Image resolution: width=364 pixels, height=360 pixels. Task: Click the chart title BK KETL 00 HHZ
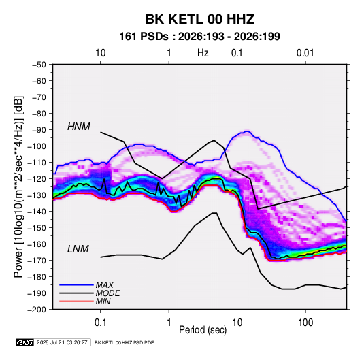pos(200,19)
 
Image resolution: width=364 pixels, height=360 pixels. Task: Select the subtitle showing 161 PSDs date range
pos(199,37)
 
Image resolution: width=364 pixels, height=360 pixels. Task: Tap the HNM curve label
pos(79,127)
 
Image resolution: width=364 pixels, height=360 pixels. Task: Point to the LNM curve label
pos(78,249)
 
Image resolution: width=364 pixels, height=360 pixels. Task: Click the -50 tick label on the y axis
pos(39,65)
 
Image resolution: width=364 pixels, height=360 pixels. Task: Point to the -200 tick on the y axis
pos(37,310)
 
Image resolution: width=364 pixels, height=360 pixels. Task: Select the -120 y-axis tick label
pos(37,179)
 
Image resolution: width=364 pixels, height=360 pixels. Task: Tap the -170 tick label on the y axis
pos(37,261)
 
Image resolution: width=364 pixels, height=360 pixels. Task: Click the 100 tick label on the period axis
pos(305,323)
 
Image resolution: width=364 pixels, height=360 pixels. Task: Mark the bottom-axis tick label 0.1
pos(100,323)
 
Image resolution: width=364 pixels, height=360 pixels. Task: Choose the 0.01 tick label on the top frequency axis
pos(305,53)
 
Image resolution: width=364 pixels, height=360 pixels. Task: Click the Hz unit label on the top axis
pos(203,53)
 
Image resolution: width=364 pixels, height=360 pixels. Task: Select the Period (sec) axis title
pos(203,330)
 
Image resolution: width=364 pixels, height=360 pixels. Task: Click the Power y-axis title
pos(18,187)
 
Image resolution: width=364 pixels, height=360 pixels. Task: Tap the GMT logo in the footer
pos(24,342)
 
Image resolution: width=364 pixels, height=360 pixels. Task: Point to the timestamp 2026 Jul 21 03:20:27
pos(62,342)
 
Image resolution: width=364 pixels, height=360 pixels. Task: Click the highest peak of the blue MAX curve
pos(247,131)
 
